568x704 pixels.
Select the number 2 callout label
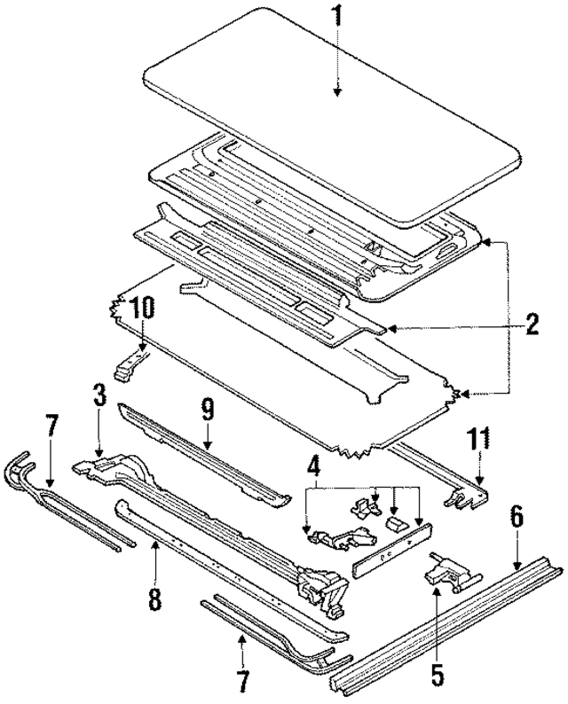coord(531,325)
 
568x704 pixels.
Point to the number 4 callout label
coord(313,464)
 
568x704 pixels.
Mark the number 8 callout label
coord(154,600)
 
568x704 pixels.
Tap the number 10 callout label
coord(143,309)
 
